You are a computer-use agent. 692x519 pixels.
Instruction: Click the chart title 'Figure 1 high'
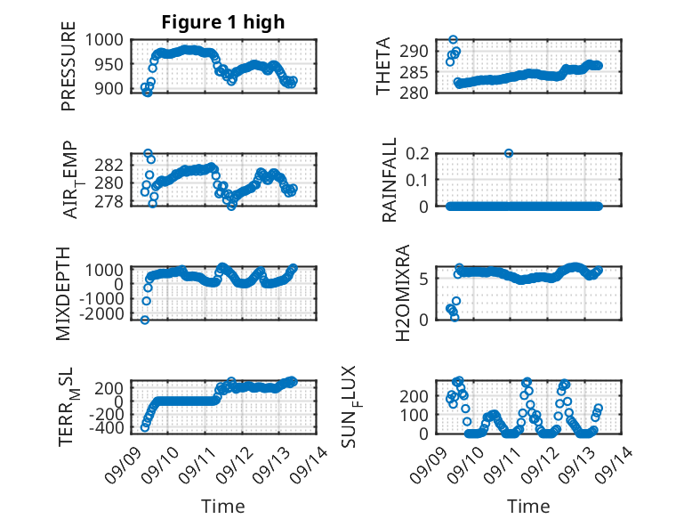tap(223, 22)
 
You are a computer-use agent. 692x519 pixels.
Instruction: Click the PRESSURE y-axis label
tap(68, 66)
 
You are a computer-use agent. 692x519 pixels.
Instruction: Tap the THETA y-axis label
tap(383, 66)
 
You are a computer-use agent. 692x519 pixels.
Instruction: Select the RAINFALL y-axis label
tap(390, 180)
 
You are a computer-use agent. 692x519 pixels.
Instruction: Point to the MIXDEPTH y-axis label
tap(63, 294)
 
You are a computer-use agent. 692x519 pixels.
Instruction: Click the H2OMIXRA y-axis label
tap(403, 293)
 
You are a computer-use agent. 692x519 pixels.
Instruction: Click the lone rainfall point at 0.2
tap(509, 153)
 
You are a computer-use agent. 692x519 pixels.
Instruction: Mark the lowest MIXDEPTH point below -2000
tap(145, 320)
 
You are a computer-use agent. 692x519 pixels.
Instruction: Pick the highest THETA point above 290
tap(454, 40)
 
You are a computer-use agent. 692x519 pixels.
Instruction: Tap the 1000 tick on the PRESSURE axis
tap(104, 40)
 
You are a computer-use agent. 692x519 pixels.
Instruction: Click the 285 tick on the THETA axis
tap(414, 72)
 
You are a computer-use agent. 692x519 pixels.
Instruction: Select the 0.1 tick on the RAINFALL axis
tap(417, 180)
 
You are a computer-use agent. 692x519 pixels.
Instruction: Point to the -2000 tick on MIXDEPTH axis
tap(102, 313)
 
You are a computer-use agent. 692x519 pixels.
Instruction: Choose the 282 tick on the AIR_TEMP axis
tap(109, 166)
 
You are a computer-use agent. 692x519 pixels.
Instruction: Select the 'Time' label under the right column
tap(528, 506)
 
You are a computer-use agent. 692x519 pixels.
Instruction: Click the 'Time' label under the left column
tap(223, 506)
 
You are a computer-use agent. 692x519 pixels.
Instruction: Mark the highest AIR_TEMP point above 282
tap(148, 153)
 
